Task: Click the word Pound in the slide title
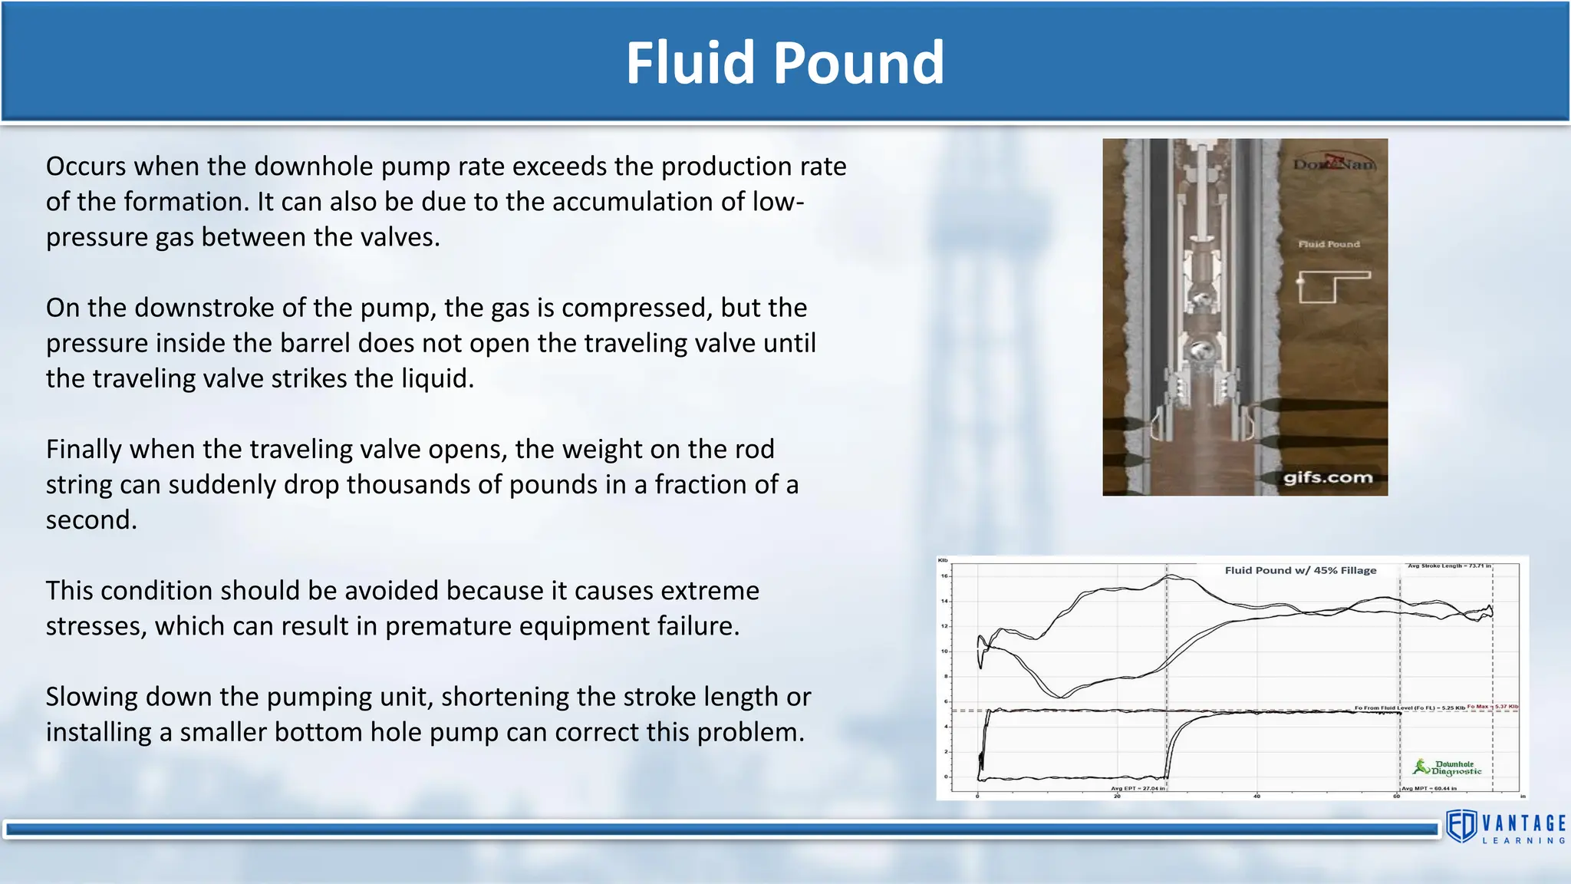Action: point(858,63)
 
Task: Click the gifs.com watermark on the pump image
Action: point(1327,477)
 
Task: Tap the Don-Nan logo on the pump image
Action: point(1334,163)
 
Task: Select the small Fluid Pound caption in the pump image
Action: point(1329,244)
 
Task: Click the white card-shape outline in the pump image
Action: point(1334,287)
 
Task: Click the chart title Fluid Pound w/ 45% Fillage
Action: point(1300,570)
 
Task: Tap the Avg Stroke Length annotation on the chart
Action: point(1449,566)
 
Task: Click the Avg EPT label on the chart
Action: point(1138,788)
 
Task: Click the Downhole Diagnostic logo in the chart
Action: point(1448,767)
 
